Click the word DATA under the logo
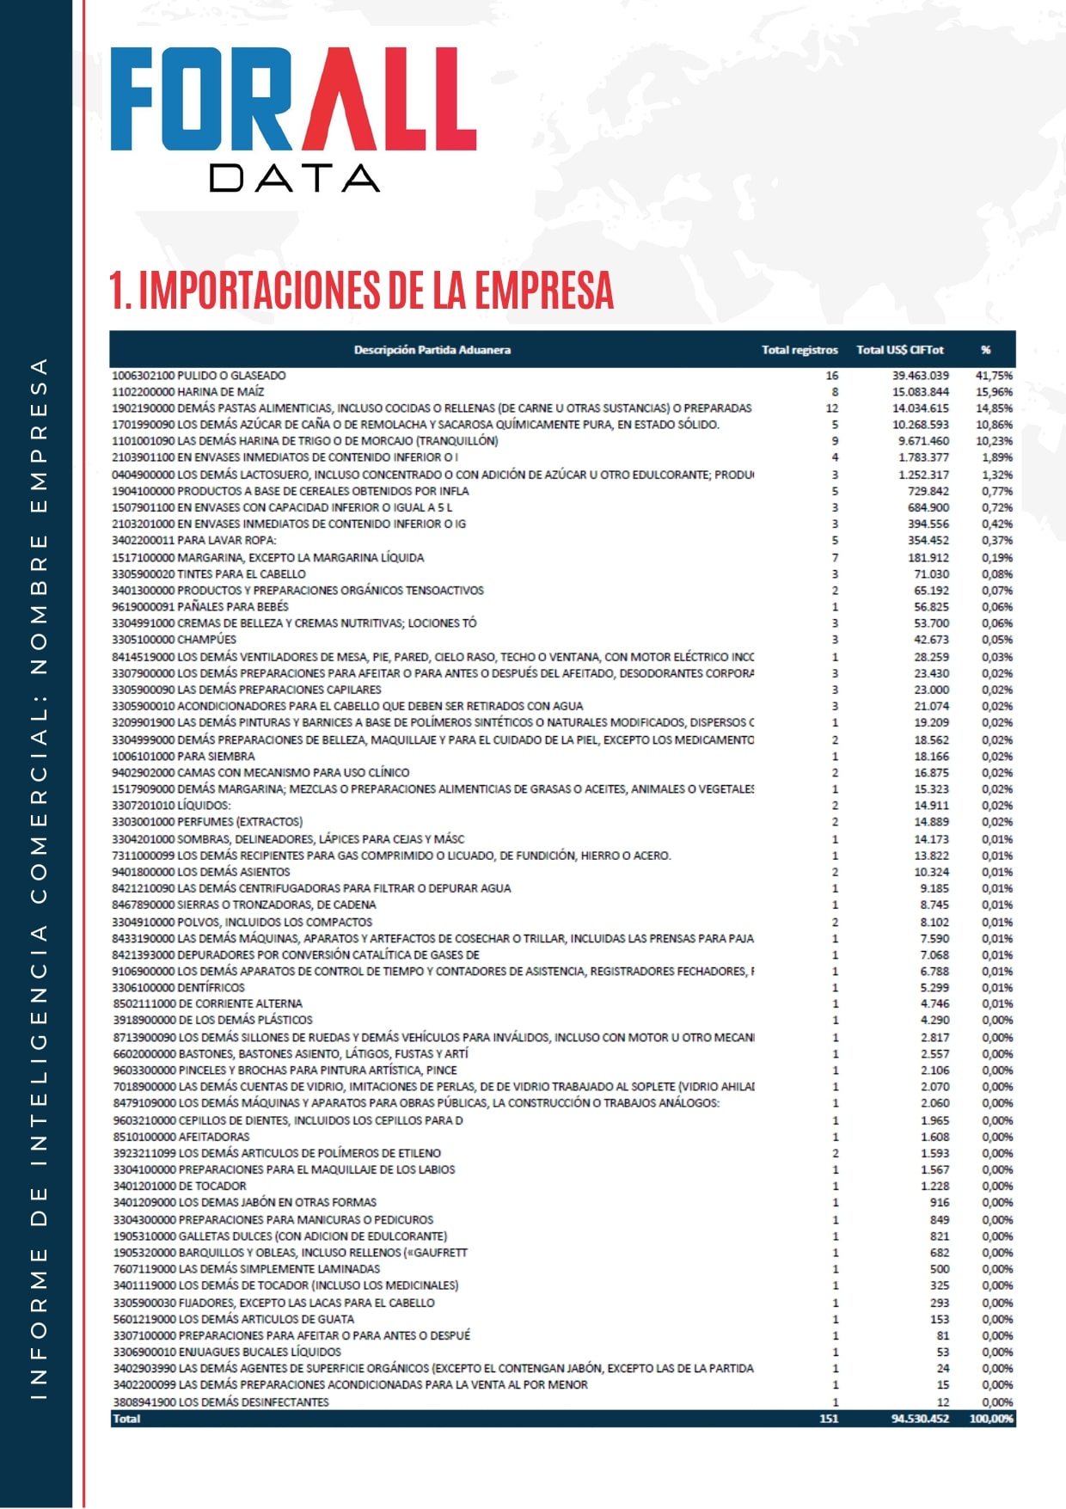click(294, 178)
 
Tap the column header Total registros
click(799, 350)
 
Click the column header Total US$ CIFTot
click(900, 350)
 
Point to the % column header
click(986, 350)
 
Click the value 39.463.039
click(920, 376)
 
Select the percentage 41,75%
click(994, 376)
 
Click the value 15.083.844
click(920, 392)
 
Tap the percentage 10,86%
click(994, 425)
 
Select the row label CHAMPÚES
click(206, 640)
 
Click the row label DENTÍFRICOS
click(211, 988)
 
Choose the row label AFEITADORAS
click(213, 1137)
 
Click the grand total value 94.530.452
click(920, 1419)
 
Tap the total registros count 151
click(828, 1419)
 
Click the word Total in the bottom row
click(126, 1419)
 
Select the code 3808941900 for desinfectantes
click(144, 1402)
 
